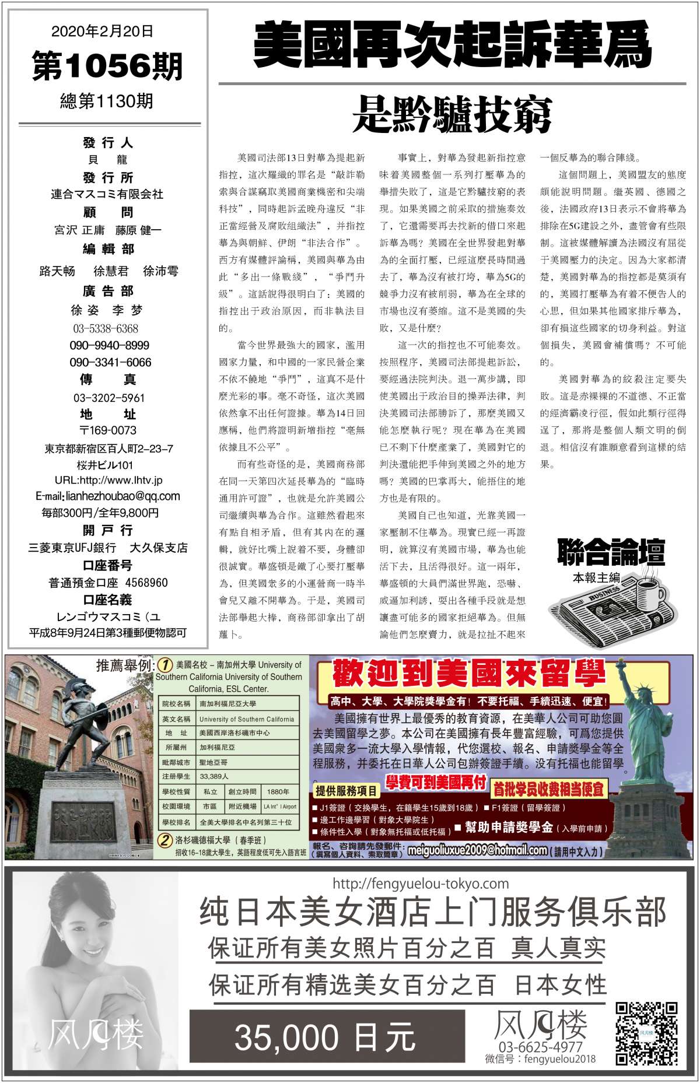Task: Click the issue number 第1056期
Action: (x=107, y=66)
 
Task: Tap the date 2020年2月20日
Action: (x=103, y=31)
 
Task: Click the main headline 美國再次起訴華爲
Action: (x=452, y=44)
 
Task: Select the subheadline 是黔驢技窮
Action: (x=452, y=115)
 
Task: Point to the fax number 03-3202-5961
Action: (x=108, y=398)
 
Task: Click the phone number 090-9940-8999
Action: (x=109, y=345)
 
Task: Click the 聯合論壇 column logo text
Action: (x=611, y=552)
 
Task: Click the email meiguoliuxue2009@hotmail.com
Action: (x=477, y=850)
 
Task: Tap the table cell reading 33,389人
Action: (x=214, y=776)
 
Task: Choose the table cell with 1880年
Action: (x=278, y=792)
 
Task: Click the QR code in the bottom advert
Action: (x=647, y=1032)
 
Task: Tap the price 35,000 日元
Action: (x=325, y=1038)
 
